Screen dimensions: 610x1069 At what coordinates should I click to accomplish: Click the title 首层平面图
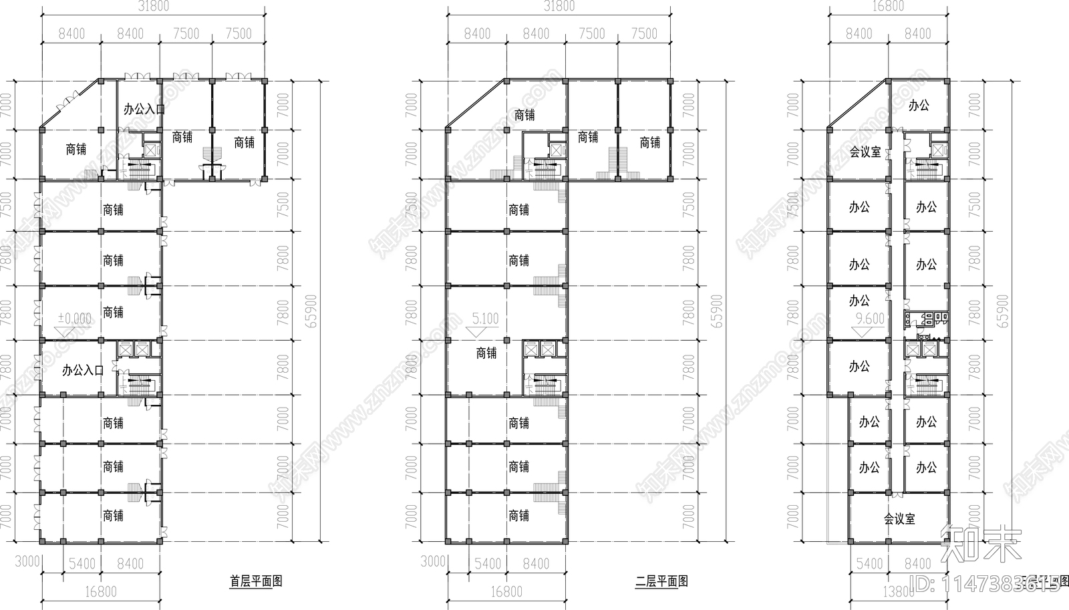[256, 581]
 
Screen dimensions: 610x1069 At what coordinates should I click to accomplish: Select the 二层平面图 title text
[661, 581]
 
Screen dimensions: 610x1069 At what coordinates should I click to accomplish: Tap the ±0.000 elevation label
[74, 319]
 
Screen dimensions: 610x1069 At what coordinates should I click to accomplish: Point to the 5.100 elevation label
[485, 319]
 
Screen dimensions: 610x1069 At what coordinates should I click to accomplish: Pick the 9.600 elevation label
[870, 319]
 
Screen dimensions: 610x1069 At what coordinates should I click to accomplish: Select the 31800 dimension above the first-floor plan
[153, 7]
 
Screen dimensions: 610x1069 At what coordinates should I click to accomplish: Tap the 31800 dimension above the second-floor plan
[559, 7]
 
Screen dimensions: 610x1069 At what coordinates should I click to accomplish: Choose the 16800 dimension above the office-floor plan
[888, 7]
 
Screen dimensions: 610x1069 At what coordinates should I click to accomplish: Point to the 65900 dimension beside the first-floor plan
[312, 311]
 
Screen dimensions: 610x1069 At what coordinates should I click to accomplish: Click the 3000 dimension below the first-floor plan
[27, 561]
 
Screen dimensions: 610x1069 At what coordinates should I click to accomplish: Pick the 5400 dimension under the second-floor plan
[487, 564]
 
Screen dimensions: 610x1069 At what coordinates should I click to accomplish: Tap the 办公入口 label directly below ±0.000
[83, 370]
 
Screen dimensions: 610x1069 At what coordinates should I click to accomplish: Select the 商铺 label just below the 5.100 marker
[486, 353]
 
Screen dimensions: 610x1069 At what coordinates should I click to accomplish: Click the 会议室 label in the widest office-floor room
[899, 518]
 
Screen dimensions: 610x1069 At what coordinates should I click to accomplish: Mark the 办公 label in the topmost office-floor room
[919, 105]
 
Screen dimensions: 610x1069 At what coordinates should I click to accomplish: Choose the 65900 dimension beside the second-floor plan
[718, 311]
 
